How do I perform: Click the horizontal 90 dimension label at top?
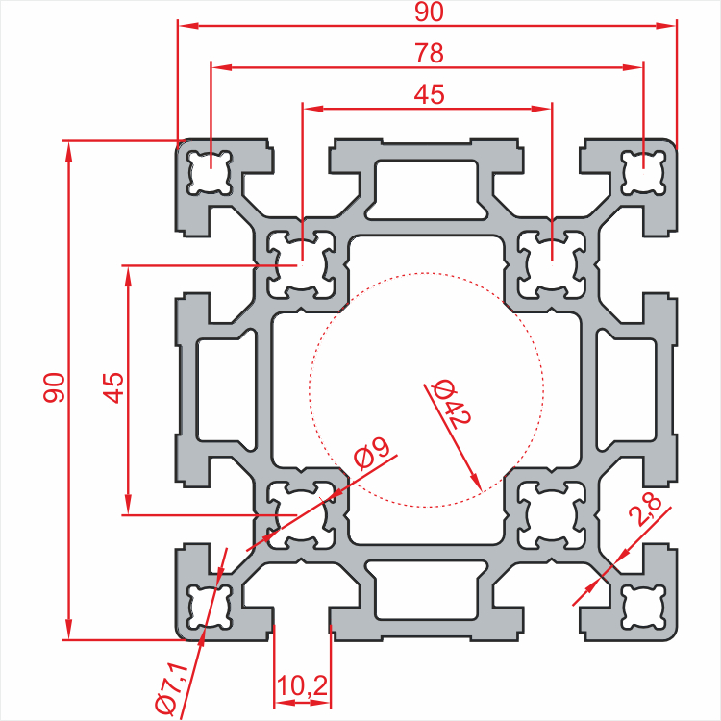pos(429,12)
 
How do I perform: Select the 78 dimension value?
pos(429,53)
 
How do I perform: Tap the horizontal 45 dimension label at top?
pos(429,94)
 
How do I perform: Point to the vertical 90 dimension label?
pos(54,387)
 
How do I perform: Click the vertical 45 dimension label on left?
pos(113,387)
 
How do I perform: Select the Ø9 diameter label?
pos(372,455)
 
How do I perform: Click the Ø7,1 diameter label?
pos(172,688)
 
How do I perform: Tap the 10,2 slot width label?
pos(302,686)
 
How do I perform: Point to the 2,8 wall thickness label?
pos(647,510)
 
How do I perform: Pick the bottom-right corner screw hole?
pos(644,607)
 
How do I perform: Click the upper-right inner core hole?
pos(552,265)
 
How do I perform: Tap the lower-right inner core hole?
pos(552,515)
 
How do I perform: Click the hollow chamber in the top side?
pos(426,188)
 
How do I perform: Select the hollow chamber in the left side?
pos(226,389)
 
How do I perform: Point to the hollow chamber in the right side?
pos(626,389)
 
